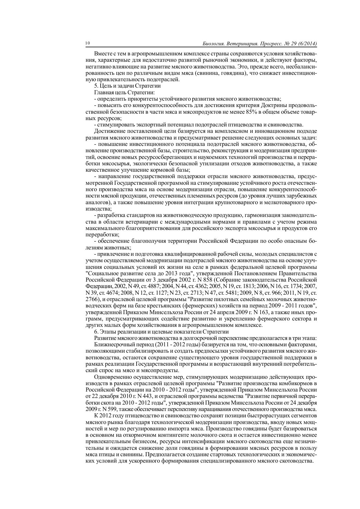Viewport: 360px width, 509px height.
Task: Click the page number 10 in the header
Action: [88, 44]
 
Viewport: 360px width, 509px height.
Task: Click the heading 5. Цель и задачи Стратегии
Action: [127, 86]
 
